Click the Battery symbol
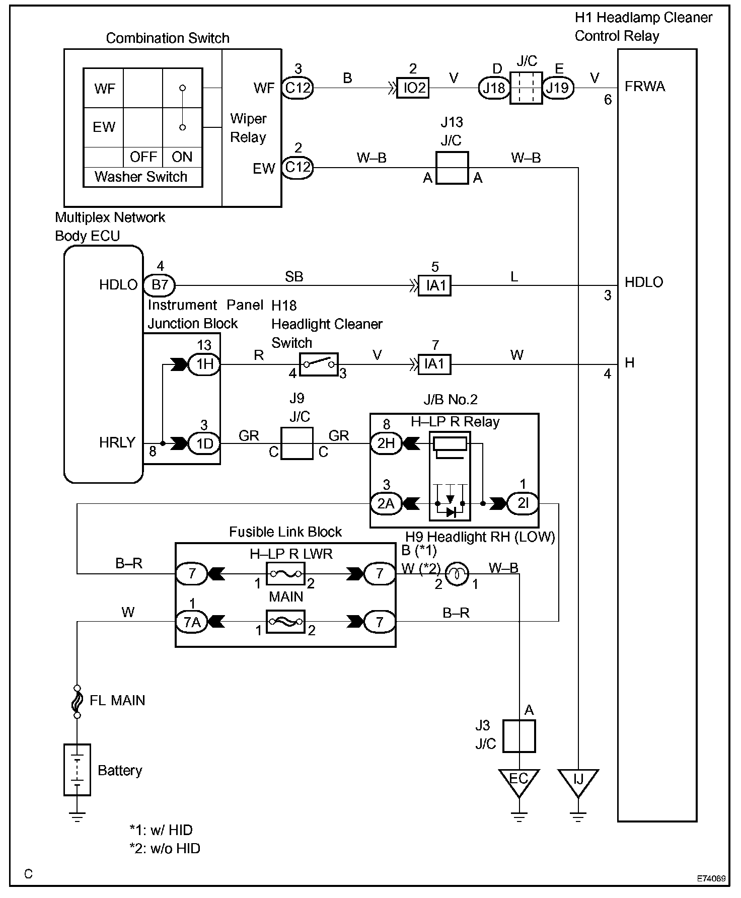77,770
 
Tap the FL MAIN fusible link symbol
77,701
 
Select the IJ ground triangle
578,781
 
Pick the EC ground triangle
518,781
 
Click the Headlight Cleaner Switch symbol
319,364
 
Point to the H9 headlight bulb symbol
457,573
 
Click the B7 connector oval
160,285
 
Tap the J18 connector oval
493,88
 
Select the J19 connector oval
557,88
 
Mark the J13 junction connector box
452,168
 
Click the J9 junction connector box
297,443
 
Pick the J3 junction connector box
519,736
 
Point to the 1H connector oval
204,364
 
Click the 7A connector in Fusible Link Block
192,622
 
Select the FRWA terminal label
645,87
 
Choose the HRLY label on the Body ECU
117,442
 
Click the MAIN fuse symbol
286,622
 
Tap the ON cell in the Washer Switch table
182,157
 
